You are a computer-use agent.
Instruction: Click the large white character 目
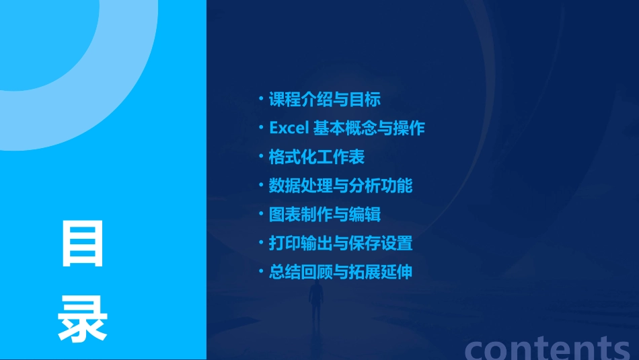tap(83, 243)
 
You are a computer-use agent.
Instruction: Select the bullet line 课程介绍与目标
tap(325, 100)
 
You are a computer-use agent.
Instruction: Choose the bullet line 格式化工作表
tap(317, 157)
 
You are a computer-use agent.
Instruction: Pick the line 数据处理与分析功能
tap(341, 186)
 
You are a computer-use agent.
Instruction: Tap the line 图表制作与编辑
tap(325, 215)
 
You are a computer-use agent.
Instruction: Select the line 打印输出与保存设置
tap(341, 243)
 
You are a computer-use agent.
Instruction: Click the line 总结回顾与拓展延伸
tap(341, 272)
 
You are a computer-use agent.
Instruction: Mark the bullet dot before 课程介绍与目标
tap(261, 100)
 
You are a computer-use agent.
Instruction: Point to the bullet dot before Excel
tap(261, 128)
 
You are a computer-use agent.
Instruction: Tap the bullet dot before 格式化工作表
tap(261, 157)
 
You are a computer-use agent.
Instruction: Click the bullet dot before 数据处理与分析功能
tap(261, 186)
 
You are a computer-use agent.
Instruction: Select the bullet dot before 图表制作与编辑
tap(261, 215)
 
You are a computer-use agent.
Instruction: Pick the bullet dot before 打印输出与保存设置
tap(261, 243)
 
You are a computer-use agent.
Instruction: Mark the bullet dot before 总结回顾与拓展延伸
tap(261, 272)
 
